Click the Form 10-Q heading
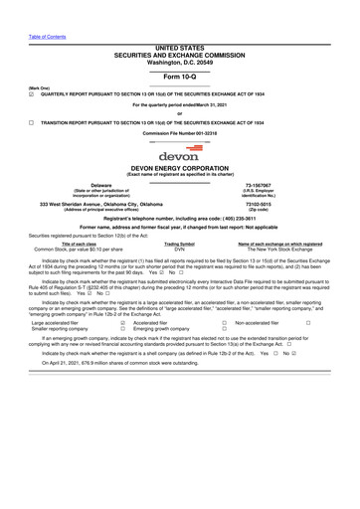click(179, 78)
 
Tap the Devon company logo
click(179, 152)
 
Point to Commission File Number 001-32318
click(179, 132)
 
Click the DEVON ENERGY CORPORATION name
click(179, 169)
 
